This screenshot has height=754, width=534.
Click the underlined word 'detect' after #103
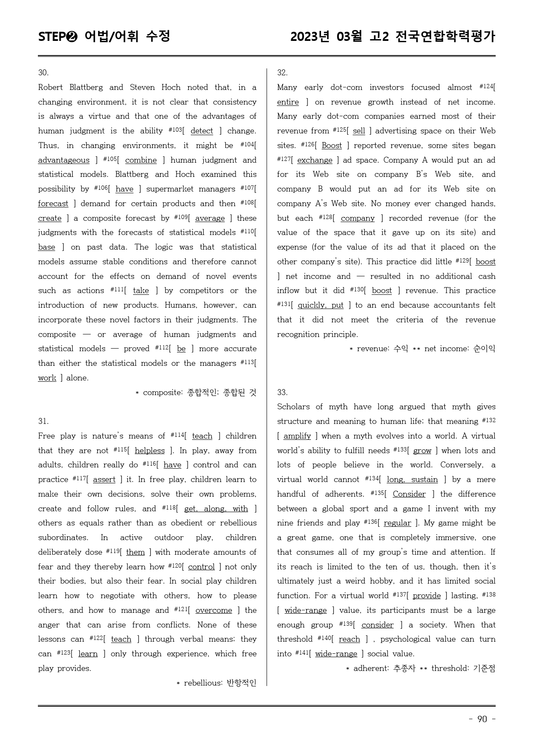point(202,131)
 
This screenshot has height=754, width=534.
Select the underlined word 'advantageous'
point(64,160)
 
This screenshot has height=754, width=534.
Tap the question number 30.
point(43,73)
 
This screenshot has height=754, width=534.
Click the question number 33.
point(282,392)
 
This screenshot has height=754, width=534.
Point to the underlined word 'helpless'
point(149,451)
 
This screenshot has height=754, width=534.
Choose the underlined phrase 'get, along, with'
point(216,509)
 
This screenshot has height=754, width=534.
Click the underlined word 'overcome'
point(214,610)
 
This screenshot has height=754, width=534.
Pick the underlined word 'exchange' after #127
point(315,160)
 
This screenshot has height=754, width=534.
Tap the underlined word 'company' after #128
point(357,218)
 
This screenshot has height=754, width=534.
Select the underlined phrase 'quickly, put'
point(320,305)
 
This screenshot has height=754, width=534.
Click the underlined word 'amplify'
point(297,436)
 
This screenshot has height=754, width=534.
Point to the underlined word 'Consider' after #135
point(409,494)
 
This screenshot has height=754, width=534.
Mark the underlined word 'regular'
point(397,523)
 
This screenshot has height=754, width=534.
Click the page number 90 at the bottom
point(482,719)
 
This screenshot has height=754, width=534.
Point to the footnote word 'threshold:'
point(450,668)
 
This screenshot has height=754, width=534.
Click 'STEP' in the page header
point(52,37)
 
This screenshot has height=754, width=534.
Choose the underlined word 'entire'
point(288,102)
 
